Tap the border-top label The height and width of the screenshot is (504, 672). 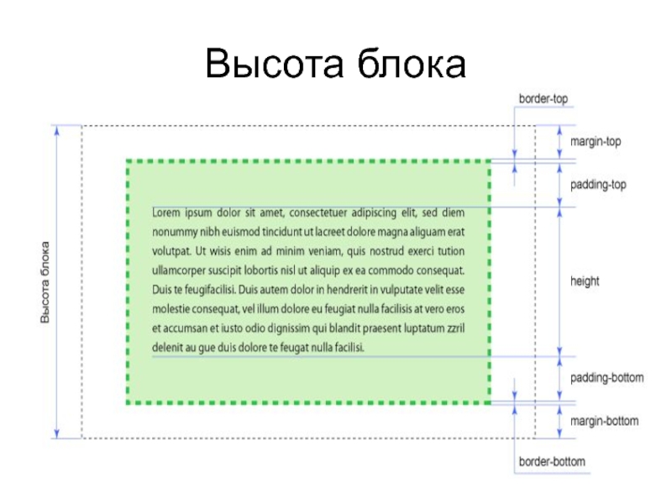point(543,99)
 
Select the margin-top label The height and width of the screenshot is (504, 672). point(596,142)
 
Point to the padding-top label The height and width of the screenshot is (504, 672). point(598,184)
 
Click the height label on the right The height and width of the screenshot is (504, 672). point(585,281)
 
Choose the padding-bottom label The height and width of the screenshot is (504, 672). point(606,378)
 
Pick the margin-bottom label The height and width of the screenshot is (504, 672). point(604,421)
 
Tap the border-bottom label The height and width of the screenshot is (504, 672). point(551,462)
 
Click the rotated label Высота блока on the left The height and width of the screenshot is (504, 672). point(45,281)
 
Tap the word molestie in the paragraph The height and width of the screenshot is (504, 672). point(173,309)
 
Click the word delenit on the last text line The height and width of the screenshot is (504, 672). point(168,347)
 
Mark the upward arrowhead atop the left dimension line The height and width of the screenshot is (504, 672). point(57,130)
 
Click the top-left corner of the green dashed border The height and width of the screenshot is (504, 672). point(127,160)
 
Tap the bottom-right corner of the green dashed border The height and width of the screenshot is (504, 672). point(490,403)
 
